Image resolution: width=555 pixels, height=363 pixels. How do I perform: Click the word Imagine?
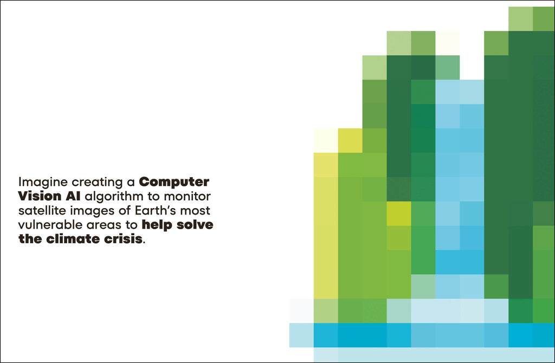tap(43, 183)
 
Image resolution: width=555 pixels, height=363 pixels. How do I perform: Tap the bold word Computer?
tap(174, 183)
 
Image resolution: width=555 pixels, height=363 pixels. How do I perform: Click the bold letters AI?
tap(73, 196)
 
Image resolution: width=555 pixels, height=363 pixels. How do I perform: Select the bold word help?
tap(157, 225)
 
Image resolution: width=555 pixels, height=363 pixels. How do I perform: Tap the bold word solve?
tap(195, 225)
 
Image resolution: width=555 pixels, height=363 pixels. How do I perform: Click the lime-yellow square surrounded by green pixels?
tap(399, 213)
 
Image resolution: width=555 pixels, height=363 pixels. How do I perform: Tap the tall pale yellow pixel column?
tap(326, 226)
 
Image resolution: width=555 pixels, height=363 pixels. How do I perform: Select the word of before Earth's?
tap(125, 211)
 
